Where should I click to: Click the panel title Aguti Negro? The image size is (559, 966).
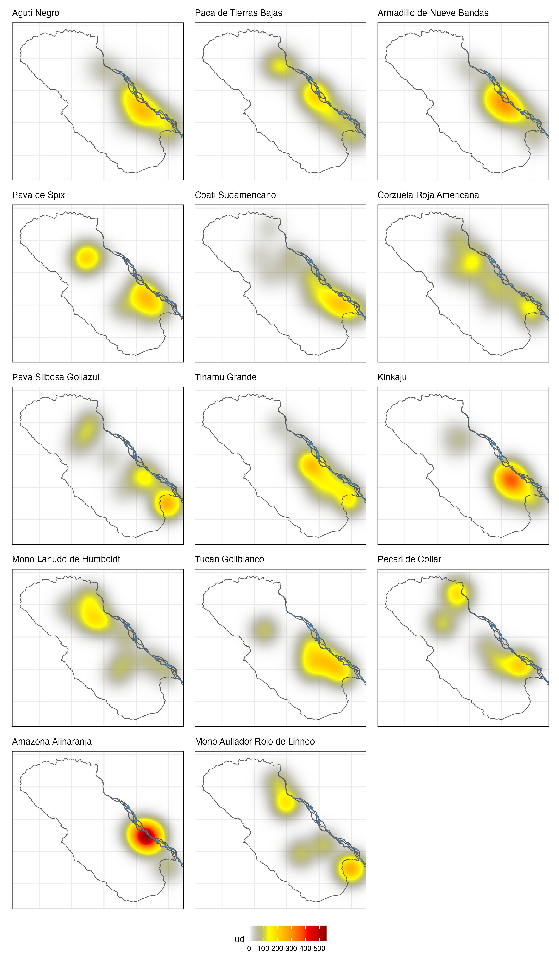(36, 13)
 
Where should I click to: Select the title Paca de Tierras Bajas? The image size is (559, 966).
(238, 13)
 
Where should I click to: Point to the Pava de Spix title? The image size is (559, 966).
(38, 195)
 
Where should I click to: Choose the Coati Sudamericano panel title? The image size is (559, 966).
(235, 195)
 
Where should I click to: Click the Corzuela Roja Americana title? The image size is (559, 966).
(428, 195)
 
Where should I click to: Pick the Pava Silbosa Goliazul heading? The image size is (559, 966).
(56, 377)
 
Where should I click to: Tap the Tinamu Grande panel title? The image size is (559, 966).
(226, 377)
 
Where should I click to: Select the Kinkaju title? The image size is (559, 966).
(392, 377)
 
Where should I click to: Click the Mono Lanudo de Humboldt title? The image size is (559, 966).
(66, 559)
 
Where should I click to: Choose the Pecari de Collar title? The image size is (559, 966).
(409, 559)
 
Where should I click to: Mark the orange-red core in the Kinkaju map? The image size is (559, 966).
(511, 481)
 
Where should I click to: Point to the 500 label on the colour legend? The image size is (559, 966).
(319, 949)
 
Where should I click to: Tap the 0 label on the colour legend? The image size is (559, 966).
(249, 949)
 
